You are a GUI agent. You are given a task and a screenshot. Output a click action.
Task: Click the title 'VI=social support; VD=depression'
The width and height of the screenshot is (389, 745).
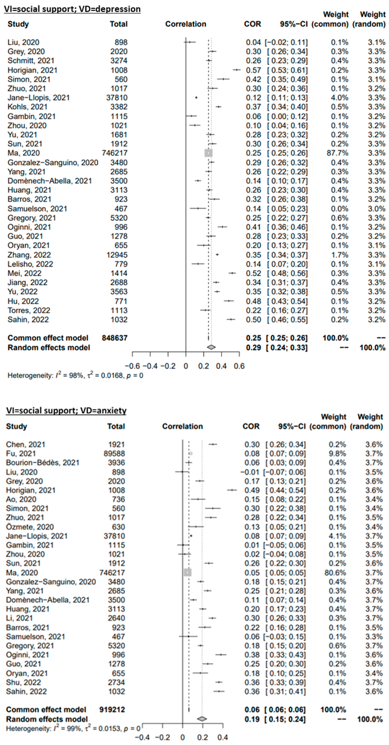coord(72,9)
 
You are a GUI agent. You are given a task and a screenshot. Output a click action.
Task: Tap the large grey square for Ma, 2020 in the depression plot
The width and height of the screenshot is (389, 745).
coord(208,153)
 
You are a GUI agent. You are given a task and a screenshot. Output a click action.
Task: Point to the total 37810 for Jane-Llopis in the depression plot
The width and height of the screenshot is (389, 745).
coord(117,98)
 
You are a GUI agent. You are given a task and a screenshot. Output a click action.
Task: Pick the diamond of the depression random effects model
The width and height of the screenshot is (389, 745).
coord(211,347)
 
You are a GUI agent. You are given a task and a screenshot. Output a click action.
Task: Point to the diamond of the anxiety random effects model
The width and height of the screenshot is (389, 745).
coord(202,719)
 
